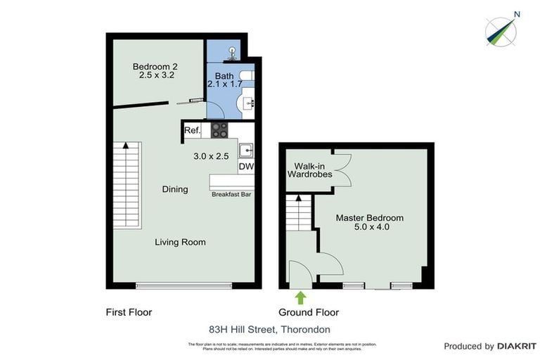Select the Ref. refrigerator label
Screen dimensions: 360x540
[193, 131]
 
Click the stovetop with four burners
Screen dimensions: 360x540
[219, 130]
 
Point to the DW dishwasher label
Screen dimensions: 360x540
[245, 167]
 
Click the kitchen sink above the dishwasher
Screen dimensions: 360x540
[245, 150]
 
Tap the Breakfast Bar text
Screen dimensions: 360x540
[231, 194]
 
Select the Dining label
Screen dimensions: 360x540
[175, 189]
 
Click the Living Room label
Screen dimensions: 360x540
[181, 242]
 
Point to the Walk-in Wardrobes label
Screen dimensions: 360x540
[309, 170]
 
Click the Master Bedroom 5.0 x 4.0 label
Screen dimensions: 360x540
[369, 222]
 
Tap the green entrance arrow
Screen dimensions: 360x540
[300, 297]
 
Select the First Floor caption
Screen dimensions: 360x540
[129, 312]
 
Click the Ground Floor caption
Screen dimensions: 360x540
[309, 312]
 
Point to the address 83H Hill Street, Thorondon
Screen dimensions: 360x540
[269, 329]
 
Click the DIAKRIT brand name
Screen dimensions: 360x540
[517, 346]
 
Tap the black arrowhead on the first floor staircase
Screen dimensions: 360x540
[126, 146]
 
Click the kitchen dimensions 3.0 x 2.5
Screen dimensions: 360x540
[212, 156]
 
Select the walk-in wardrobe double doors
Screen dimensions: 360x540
[342, 169]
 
